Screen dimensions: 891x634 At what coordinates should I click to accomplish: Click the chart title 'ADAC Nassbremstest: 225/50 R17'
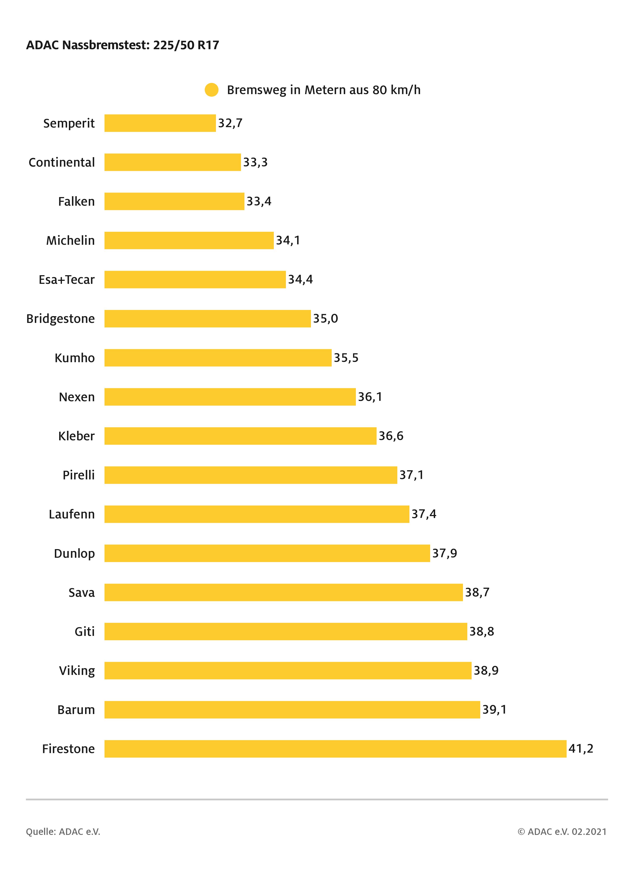coord(123,45)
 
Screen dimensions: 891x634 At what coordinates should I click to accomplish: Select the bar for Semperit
coord(160,123)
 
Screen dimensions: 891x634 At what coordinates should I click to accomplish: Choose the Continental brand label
coord(62,162)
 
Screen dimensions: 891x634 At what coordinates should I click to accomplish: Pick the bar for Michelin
coord(189,240)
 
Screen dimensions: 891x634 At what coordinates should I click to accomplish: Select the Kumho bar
coord(218,358)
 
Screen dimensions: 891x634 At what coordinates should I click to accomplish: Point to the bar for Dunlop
coord(267,553)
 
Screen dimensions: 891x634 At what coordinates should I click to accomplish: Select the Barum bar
coord(292,710)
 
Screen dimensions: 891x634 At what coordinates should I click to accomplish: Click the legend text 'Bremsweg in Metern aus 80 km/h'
coord(324,90)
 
